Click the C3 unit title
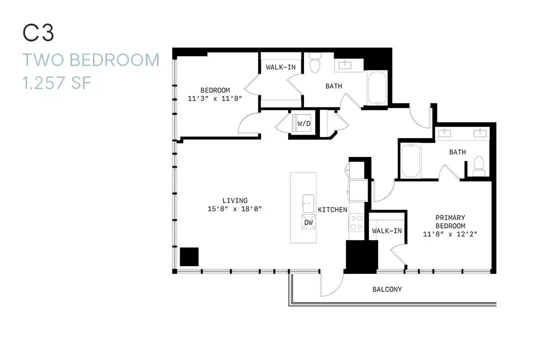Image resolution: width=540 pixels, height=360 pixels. point(38,33)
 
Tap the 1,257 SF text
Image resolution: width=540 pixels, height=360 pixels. point(57,83)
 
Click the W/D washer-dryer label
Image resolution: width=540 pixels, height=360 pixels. point(304,123)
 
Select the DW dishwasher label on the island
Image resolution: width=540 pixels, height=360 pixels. point(308,222)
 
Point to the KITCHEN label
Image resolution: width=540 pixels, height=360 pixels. point(332,209)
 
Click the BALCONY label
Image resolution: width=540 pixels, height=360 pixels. point(387,289)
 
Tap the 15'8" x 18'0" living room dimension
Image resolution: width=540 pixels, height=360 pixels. point(235,209)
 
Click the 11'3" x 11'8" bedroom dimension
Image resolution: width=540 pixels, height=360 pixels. point(215,98)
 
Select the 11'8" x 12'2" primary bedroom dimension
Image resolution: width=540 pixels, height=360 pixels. point(450,234)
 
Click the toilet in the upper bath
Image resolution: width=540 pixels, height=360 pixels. point(314,62)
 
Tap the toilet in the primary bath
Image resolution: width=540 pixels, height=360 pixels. point(479,166)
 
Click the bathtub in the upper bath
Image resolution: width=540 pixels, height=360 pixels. point(377,87)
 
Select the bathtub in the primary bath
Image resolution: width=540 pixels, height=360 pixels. point(411,160)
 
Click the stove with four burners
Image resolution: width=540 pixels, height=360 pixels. point(356,222)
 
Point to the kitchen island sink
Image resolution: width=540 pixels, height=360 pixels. point(308,203)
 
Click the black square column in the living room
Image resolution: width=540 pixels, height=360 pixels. point(189,256)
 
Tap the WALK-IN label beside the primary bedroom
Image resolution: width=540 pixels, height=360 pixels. point(386,231)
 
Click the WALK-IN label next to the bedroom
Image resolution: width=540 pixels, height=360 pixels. point(280,67)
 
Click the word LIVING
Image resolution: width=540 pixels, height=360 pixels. point(235,200)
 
